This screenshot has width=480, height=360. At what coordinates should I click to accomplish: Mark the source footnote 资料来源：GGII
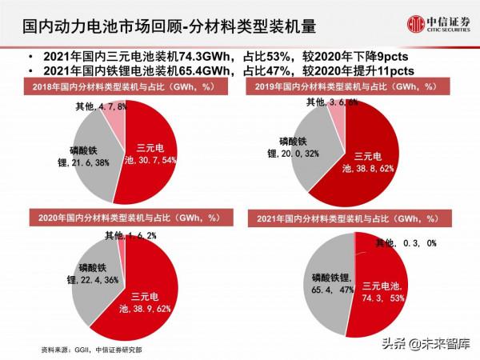point(97,350)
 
